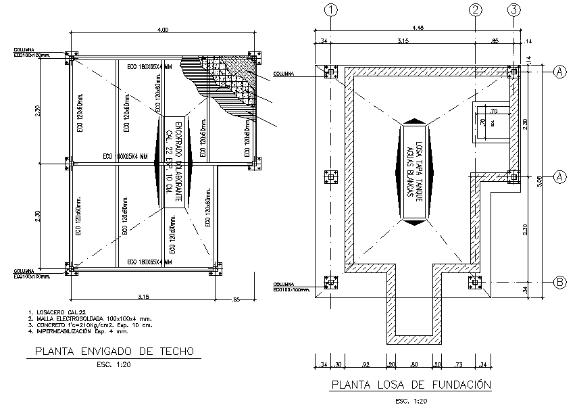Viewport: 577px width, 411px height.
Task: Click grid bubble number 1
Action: coord(330,10)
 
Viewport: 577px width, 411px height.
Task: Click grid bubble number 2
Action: coord(476,10)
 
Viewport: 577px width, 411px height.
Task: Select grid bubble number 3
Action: coord(515,10)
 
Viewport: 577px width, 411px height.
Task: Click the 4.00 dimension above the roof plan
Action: coord(163,31)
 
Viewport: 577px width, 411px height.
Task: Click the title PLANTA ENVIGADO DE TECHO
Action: coord(114,352)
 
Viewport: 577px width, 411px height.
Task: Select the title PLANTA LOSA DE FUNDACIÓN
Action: coord(410,386)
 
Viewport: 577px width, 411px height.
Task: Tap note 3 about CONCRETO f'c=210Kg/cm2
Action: coord(85,325)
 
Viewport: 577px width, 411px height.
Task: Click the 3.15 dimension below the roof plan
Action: coord(143,296)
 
